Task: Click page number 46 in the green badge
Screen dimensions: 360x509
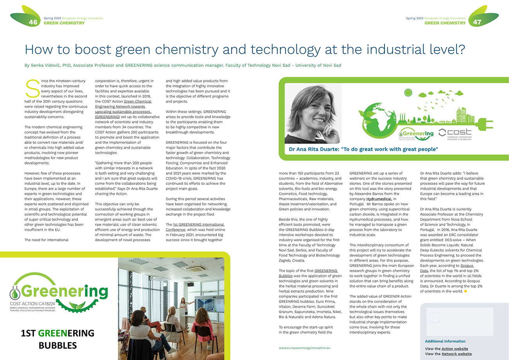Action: point(33,22)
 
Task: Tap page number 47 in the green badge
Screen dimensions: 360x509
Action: point(477,22)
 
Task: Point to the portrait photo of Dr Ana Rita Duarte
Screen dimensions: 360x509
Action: point(313,114)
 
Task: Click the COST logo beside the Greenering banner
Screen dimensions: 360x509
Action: point(455,134)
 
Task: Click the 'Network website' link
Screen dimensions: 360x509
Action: point(457,354)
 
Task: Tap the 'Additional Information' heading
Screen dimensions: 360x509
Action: point(445,341)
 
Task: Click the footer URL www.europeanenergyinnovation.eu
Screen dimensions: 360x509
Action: point(304,347)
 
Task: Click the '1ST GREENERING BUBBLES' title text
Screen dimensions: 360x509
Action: point(58,339)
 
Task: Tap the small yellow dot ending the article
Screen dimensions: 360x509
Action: point(466,291)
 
